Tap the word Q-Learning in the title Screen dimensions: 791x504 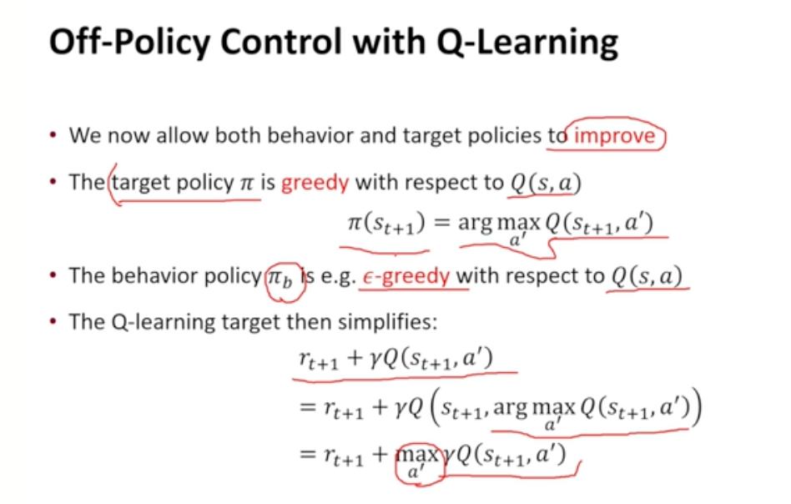click(x=527, y=43)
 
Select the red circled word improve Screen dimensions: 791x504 click(x=614, y=136)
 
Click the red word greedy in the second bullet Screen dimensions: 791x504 click(x=315, y=183)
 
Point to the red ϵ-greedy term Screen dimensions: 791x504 click(x=406, y=276)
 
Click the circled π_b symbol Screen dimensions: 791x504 click(x=280, y=278)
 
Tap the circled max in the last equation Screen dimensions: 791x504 click(x=418, y=461)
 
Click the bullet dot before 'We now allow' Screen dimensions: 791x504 click(x=53, y=135)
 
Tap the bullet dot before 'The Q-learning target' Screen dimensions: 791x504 click(x=53, y=321)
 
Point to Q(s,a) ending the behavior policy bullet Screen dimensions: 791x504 click(x=646, y=276)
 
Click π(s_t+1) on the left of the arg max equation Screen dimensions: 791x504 click(x=386, y=223)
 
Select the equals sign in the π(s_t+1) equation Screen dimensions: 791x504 click(x=442, y=223)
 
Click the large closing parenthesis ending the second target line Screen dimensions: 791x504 click(x=696, y=406)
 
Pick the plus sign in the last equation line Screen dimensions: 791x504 click(x=380, y=454)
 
